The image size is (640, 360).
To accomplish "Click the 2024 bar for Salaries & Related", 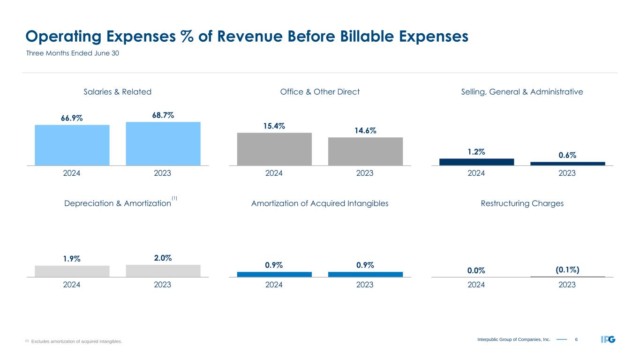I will (72, 145).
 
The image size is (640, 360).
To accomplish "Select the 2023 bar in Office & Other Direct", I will (365, 151).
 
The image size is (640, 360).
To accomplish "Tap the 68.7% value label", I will (163, 115).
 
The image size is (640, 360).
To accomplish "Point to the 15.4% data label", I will (274, 126).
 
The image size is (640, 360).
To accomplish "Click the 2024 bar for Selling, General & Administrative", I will (476, 162).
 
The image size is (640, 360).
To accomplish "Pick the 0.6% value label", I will (567, 155).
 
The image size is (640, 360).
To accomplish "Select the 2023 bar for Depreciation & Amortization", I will (163, 271).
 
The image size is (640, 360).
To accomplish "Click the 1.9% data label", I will (72, 259).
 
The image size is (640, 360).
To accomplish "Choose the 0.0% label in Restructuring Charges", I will (476, 270).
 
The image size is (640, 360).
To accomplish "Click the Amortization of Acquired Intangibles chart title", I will (320, 203).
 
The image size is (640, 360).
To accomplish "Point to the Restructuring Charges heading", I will (522, 203).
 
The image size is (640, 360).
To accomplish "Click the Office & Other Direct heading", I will (320, 92).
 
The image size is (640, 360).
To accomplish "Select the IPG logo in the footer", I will (608, 339).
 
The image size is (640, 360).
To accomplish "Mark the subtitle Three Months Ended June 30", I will (72, 53).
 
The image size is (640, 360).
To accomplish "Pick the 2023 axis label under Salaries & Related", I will (163, 173).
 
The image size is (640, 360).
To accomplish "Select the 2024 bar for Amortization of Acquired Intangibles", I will (274, 274).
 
